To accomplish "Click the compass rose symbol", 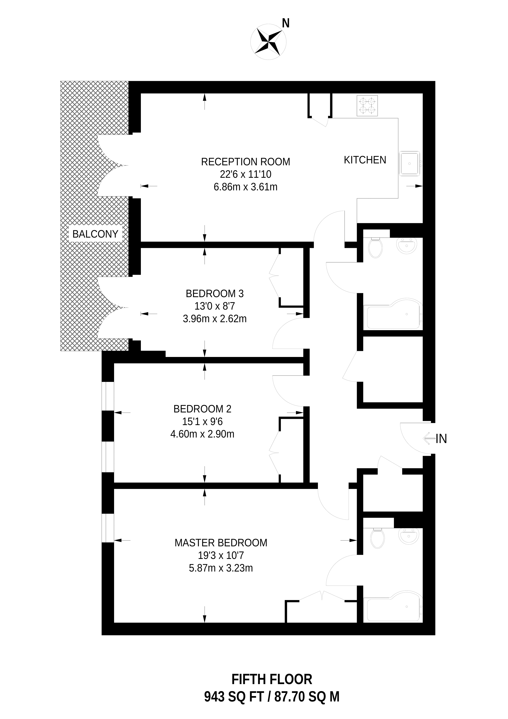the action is click(268, 42).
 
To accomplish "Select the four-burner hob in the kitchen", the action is click(367, 106).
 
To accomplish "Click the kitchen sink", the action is click(409, 163).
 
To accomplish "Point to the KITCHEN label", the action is click(365, 160).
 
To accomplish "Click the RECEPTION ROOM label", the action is click(245, 162).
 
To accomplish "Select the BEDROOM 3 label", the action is click(215, 294).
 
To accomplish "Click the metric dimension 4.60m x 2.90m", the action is click(202, 434).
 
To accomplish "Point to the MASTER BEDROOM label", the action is click(221, 543).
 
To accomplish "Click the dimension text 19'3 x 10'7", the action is click(221, 555).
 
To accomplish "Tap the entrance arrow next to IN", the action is click(429, 439).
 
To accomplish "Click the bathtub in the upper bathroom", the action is click(395, 314).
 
